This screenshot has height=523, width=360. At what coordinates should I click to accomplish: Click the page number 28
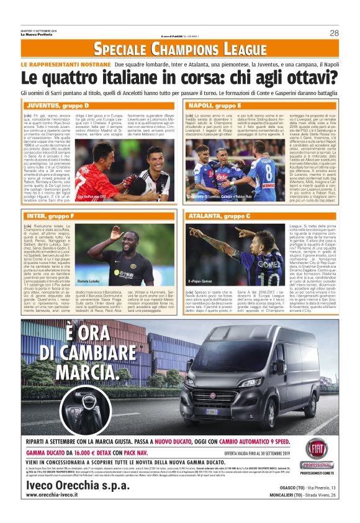click(334, 33)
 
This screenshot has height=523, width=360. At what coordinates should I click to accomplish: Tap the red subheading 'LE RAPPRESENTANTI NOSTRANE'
click(66, 65)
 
